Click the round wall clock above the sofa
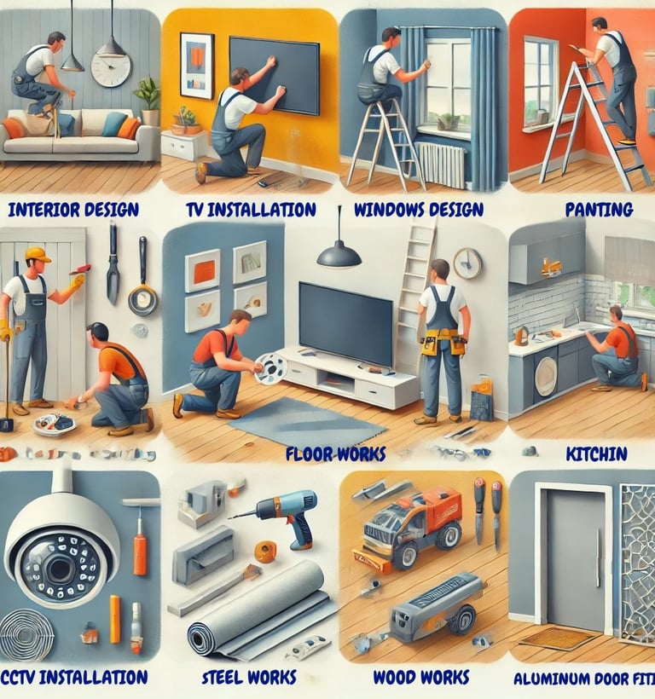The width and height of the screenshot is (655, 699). coord(110,69)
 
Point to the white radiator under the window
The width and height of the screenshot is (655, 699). coord(441,164)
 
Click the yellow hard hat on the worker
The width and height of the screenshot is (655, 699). coord(38,254)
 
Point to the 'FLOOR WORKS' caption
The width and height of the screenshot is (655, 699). coord(335,453)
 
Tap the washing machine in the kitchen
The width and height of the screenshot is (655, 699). coord(546,376)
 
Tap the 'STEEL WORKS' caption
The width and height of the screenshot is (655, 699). coord(249,678)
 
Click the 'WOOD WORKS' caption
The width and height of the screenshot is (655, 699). coord(421,678)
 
